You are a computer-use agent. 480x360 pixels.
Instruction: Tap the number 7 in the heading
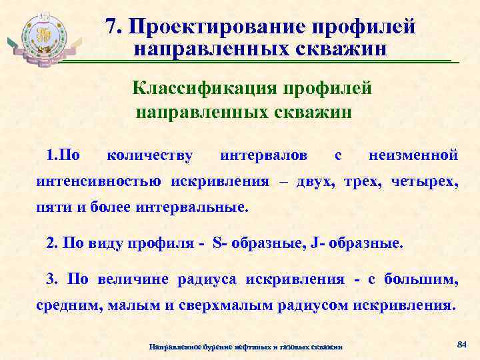(x=111, y=27)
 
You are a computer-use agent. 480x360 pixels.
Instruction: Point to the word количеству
(x=150, y=156)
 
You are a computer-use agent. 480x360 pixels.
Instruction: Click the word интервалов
(x=263, y=156)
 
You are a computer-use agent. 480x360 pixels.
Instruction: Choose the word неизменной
(x=413, y=156)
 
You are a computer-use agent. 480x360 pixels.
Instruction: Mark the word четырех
(x=426, y=181)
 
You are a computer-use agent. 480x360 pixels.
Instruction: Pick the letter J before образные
(x=313, y=243)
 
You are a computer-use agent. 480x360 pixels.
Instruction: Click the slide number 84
(x=459, y=344)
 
